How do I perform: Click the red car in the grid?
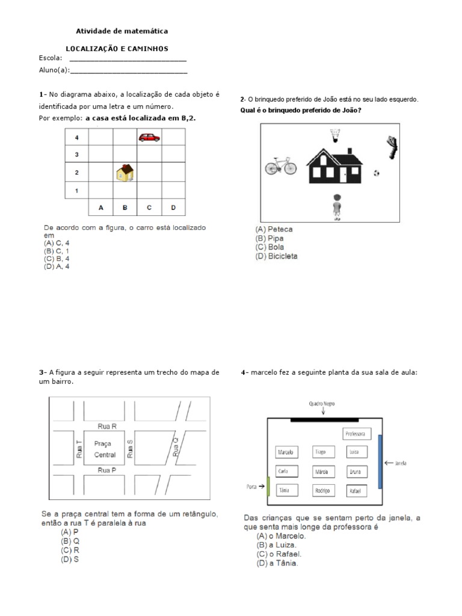click(149, 138)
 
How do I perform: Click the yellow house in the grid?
click(125, 173)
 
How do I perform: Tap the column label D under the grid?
click(173, 208)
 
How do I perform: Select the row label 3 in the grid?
click(76, 155)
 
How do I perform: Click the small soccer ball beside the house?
click(377, 173)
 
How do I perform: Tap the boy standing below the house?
click(337, 207)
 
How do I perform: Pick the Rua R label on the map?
click(106, 426)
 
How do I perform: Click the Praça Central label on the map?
click(105, 449)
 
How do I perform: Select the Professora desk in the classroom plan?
click(357, 434)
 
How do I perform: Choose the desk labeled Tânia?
click(285, 490)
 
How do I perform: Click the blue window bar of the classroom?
click(380, 461)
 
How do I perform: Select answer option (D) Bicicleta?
click(276, 256)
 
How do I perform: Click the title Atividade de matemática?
click(122, 30)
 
